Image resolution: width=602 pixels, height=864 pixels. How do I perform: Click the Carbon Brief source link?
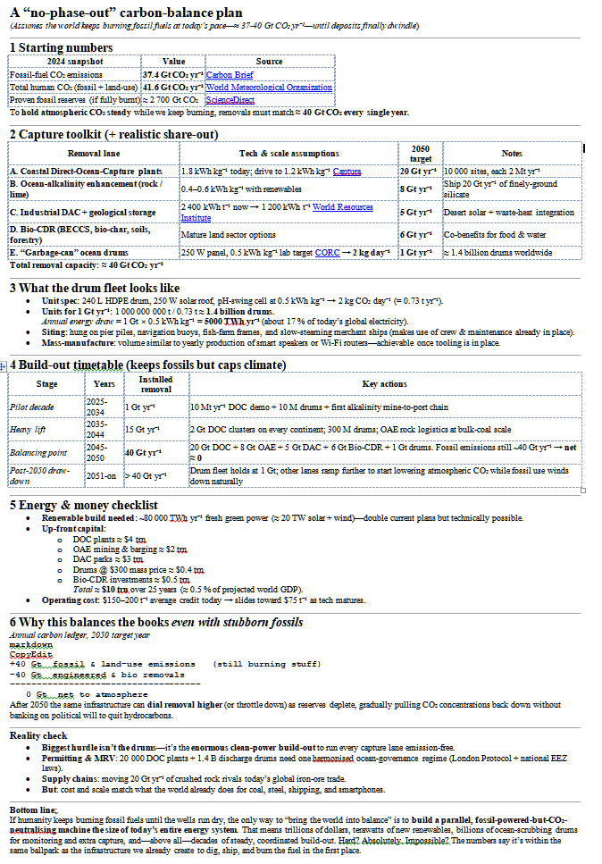click(230, 75)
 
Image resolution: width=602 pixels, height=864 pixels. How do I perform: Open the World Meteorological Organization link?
click(269, 88)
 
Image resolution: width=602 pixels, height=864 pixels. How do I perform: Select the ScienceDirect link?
click(230, 100)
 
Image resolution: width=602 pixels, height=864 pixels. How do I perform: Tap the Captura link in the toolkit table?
click(346, 171)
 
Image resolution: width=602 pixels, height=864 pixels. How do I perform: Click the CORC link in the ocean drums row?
click(327, 253)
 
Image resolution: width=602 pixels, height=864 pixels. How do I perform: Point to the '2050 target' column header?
click(420, 154)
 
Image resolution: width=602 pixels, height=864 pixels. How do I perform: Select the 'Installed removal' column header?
click(155, 384)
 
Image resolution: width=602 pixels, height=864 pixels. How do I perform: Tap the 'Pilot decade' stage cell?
click(31, 407)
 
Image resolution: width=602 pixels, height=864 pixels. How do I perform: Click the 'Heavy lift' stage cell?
click(28, 430)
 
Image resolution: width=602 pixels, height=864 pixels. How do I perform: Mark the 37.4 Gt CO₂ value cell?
click(171, 75)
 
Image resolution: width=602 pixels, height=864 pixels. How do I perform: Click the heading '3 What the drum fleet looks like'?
click(95, 288)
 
